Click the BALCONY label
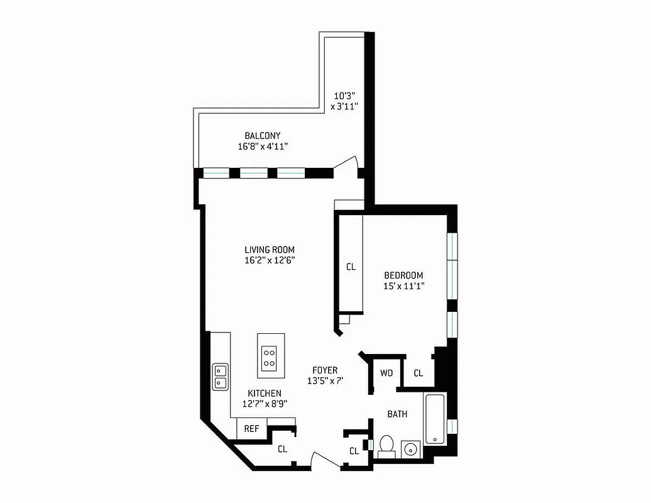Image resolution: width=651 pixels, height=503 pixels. tap(262, 136)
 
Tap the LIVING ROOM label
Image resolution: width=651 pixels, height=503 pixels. tap(269, 250)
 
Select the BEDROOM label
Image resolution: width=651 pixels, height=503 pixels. tap(403, 275)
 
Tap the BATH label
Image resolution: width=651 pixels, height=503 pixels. tap(397, 414)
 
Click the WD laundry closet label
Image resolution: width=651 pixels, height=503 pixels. tap(386, 373)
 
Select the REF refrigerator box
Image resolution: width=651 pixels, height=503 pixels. tap(251, 429)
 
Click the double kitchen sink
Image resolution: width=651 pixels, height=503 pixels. tap(220, 376)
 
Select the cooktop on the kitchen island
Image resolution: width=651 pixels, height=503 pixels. tap(270, 357)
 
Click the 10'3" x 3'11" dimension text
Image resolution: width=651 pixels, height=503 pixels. tap(345, 101)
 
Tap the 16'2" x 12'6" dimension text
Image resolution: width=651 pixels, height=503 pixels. tap(269, 260)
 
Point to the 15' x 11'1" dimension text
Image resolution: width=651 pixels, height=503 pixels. tap(404, 286)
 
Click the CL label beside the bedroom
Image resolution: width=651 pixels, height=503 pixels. tap(351, 267)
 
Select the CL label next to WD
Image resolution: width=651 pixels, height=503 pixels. tap(418, 373)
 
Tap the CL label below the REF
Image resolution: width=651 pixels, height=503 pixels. tap(283, 449)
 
